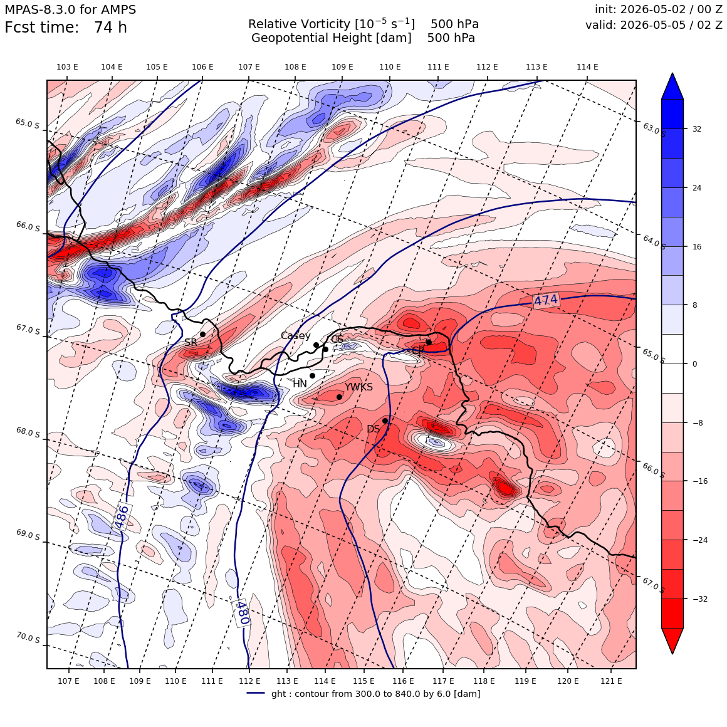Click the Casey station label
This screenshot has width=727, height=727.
pyautogui.click(x=295, y=336)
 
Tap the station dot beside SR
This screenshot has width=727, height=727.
pyautogui.click(x=202, y=334)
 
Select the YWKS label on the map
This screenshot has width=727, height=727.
pyautogui.click(x=358, y=387)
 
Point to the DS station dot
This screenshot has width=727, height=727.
pyautogui.click(x=385, y=421)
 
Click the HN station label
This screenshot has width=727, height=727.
pyautogui.click(x=300, y=384)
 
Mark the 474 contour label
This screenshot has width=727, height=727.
pyautogui.click(x=546, y=300)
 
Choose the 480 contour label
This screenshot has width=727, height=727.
pyautogui.click(x=242, y=612)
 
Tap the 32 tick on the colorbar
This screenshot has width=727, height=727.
pyautogui.click(x=697, y=129)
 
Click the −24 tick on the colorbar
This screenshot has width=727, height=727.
pyautogui.click(x=699, y=540)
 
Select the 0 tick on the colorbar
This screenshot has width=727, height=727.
pyautogui.click(x=694, y=364)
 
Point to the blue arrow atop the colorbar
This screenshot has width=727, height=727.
pyautogui.click(x=672, y=86)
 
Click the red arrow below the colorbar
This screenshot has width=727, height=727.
pyautogui.click(x=672, y=641)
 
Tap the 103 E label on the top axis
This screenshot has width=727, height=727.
pyautogui.click(x=67, y=67)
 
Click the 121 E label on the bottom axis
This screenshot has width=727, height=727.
pyautogui.click(x=611, y=681)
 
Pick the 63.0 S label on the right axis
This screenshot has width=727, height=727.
pyautogui.click(x=654, y=129)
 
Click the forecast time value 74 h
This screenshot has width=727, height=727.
pyautogui.click(x=110, y=28)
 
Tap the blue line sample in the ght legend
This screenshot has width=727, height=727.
pyautogui.click(x=256, y=693)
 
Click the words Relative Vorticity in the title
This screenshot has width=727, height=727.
pyautogui.click(x=299, y=24)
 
